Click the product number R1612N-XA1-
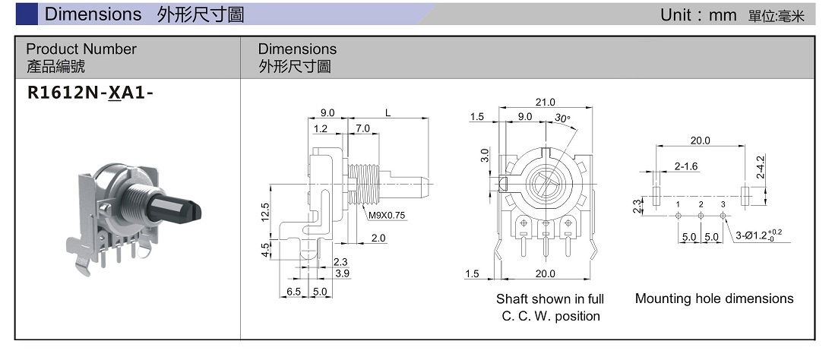[x=84, y=93]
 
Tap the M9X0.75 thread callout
[x=387, y=216]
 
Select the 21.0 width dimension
[x=546, y=103]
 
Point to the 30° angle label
[x=562, y=118]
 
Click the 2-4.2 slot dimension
[x=761, y=167]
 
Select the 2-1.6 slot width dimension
[x=685, y=166]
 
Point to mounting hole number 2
[x=701, y=205]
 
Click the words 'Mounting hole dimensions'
[x=713, y=298]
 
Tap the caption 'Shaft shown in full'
[x=549, y=299]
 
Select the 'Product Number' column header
[x=81, y=49]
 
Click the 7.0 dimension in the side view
[x=362, y=129]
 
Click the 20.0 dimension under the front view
[x=546, y=273]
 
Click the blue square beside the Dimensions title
[x=27, y=14]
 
